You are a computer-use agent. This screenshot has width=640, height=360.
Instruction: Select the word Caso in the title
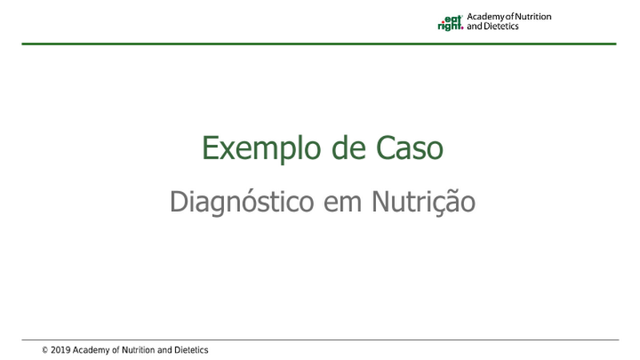pos(410,148)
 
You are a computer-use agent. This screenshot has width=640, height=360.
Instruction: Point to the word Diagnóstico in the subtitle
pos(242,202)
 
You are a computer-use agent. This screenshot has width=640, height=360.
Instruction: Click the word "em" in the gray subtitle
pos(342,204)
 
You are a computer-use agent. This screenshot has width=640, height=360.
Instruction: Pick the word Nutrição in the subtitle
pos(423,202)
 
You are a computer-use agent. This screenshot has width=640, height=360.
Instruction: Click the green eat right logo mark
pos(450,23)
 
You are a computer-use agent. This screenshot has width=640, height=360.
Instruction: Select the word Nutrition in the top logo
pos(533,17)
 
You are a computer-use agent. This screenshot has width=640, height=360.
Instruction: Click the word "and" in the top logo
pos(474,26)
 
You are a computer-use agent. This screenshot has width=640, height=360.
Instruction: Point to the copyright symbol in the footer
pos(45,350)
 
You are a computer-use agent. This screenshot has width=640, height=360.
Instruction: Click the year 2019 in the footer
pos(61,350)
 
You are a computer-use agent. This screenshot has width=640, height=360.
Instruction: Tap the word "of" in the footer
pos(115,350)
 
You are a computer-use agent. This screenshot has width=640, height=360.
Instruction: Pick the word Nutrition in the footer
pos(138,350)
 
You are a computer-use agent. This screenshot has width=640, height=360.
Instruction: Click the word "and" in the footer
pos(165,350)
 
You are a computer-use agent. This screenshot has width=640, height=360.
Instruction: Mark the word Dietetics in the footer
pos(191,350)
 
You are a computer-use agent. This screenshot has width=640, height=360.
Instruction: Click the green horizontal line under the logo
pos(319,44)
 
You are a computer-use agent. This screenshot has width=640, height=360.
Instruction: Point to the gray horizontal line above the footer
pos(321,339)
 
